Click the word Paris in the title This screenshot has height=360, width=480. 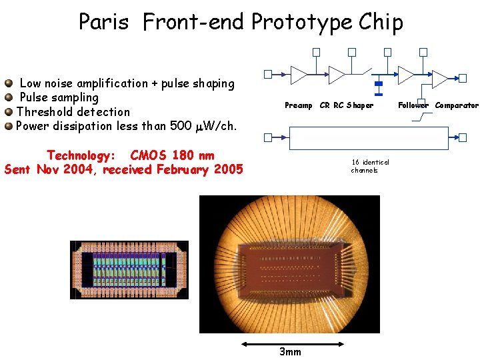103,22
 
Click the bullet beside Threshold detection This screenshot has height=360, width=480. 9,112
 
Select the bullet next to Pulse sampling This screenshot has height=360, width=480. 9,98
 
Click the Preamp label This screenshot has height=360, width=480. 298,105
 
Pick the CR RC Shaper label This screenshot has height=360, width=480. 347,105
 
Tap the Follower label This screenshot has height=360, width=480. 413,105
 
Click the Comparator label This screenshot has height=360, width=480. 457,105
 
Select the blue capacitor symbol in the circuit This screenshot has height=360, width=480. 379,85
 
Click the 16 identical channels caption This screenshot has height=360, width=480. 370,166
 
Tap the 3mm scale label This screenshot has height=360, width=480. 290,352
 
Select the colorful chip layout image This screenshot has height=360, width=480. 129,270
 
